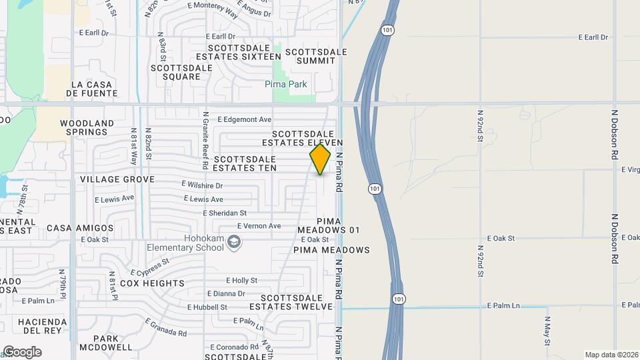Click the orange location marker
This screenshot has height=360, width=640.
[320, 159]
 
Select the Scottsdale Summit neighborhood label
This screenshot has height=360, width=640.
[316, 56]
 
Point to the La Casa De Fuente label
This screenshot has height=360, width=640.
[94, 89]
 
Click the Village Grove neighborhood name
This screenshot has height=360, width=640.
[117, 179]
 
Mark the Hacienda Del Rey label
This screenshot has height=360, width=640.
[43, 325]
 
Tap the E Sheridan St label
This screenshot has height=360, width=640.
[225, 213]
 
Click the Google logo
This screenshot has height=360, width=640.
[22, 352]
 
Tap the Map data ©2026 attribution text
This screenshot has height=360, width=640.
[611, 355]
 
